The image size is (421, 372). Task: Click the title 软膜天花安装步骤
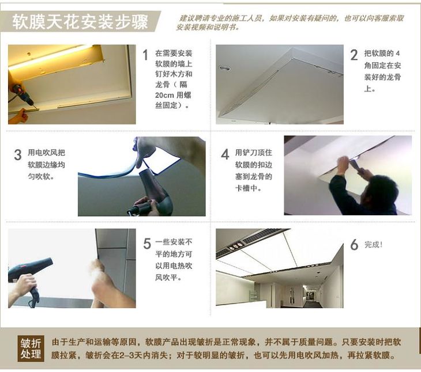[80, 21]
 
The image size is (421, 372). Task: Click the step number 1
[145, 55]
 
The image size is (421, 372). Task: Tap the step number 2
[354, 55]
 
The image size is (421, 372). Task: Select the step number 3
[18, 155]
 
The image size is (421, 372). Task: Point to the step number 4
[225, 154]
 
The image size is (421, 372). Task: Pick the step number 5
[147, 244]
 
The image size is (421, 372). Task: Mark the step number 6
[354, 244]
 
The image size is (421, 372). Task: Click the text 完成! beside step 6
[373, 244]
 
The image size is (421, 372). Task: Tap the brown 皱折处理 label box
[31, 348]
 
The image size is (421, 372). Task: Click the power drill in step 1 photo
[24, 95]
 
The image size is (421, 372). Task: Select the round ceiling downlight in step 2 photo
[224, 68]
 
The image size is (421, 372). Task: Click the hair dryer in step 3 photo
[152, 193]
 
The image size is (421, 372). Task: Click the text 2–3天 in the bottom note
[131, 355]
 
